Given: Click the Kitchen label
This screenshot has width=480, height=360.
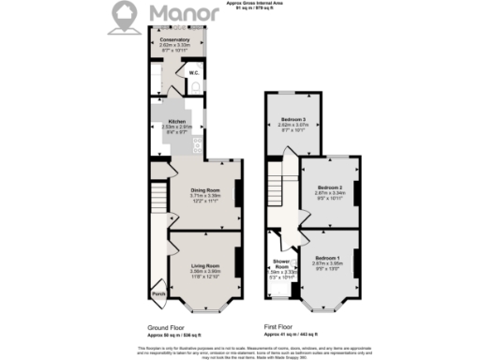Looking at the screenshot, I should [175, 122].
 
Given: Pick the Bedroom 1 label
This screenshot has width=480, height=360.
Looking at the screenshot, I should [329, 257].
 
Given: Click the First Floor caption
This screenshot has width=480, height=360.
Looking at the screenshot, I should [282, 327].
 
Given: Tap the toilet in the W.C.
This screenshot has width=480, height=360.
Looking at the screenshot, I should [196, 85].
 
